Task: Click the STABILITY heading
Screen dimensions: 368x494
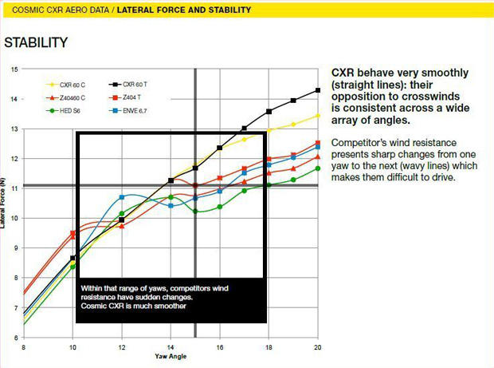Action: coord(36,42)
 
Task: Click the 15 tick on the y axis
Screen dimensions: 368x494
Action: coord(14,69)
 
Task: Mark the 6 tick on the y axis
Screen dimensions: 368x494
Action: coord(15,338)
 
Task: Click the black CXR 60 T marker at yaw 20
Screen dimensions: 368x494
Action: coord(318,90)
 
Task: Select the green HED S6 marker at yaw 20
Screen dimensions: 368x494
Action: coord(318,168)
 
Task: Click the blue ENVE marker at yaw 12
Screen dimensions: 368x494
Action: coord(122,196)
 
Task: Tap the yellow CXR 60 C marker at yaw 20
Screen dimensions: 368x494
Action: coord(318,116)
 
